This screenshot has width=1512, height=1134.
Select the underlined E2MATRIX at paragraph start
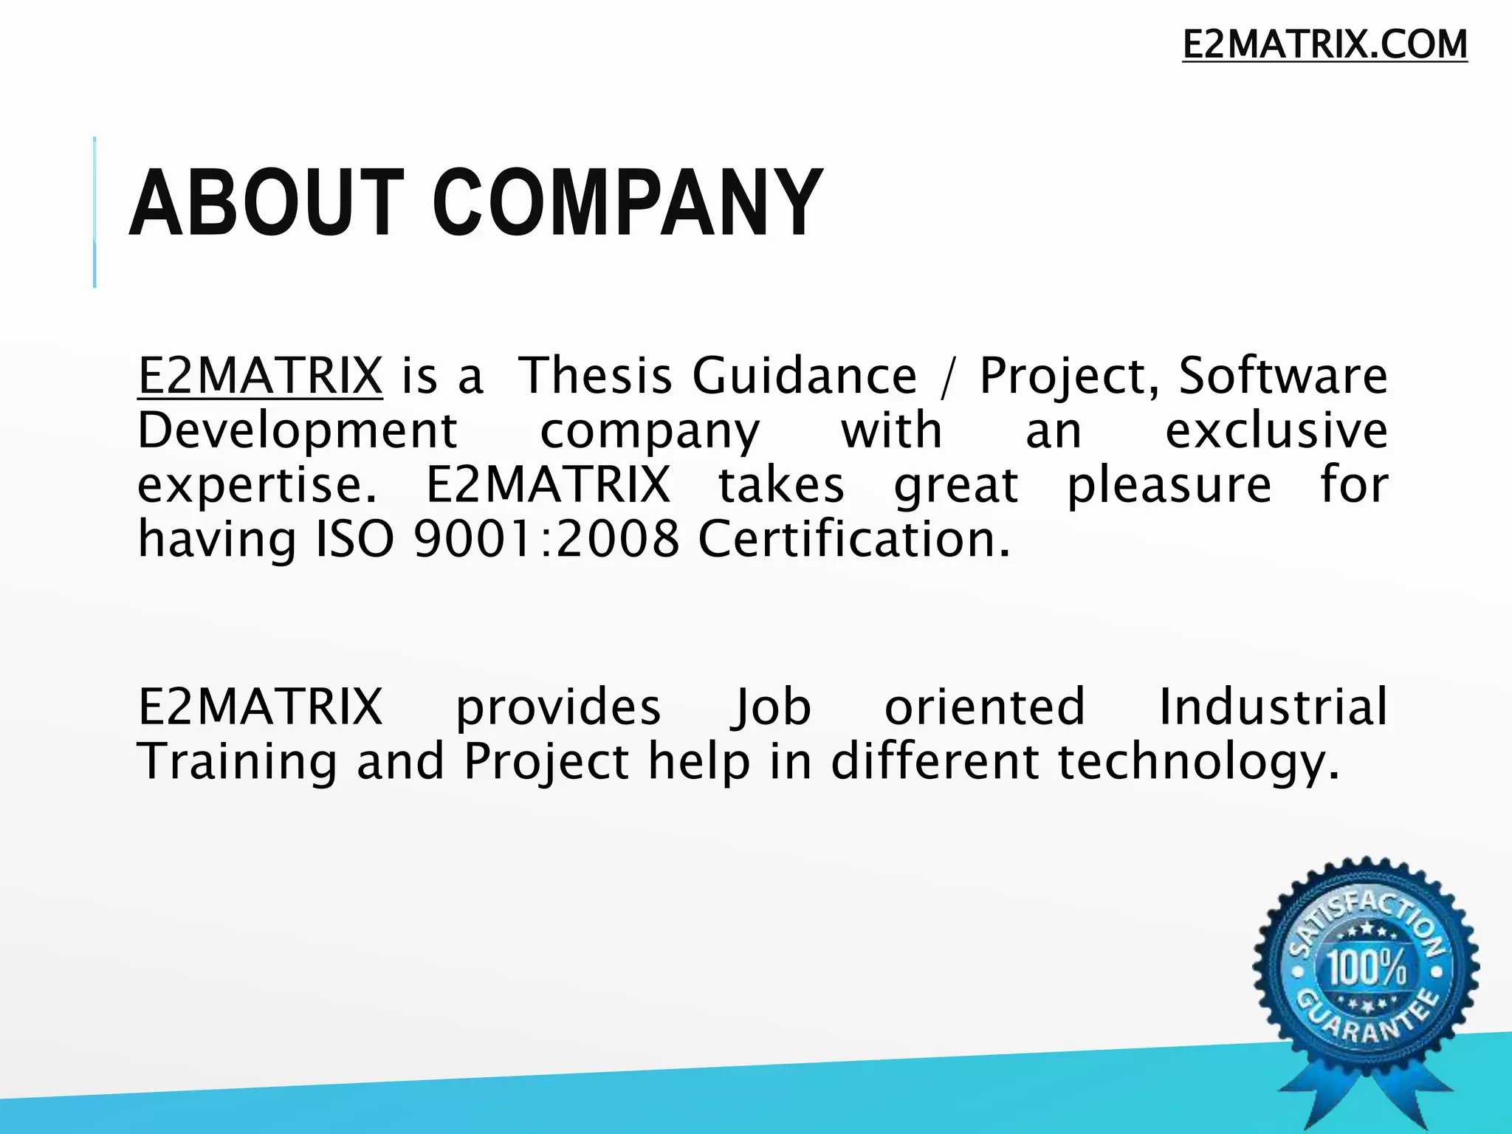pyautogui.click(x=260, y=376)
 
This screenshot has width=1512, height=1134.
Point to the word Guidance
pyautogui.click(x=804, y=376)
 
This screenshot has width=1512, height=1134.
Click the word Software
pyautogui.click(x=1282, y=376)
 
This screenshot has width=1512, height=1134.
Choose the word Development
pyautogui.click(x=297, y=430)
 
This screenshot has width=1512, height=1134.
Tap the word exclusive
pyautogui.click(x=1276, y=430)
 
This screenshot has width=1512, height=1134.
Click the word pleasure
pyautogui.click(x=1169, y=486)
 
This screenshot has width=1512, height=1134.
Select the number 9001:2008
pyautogui.click(x=546, y=540)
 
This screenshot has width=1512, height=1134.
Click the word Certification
pyautogui.click(x=853, y=540)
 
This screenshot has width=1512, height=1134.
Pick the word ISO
pyautogui.click(x=354, y=540)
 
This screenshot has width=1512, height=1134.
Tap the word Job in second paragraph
pyautogui.click(x=771, y=707)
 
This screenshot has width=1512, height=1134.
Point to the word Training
pyautogui.click(x=237, y=762)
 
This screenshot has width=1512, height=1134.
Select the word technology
pyautogui.click(x=1197, y=762)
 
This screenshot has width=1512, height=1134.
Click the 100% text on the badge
pyautogui.click(x=1367, y=968)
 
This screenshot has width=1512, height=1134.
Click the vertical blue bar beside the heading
pyautogui.click(x=94, y=212)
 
